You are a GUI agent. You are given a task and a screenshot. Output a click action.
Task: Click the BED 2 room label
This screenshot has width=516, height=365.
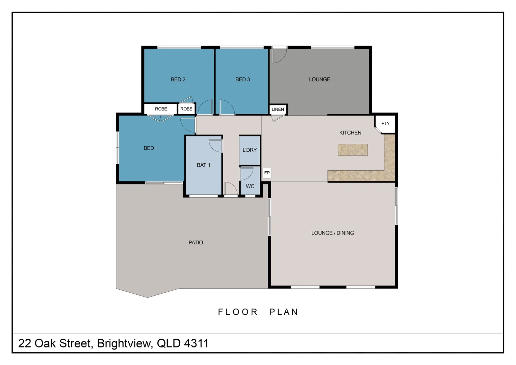[178, 79]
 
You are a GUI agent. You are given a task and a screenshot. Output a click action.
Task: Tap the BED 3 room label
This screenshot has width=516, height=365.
[242, 79]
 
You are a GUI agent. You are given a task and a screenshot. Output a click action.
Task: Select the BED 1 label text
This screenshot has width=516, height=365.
[151, 148]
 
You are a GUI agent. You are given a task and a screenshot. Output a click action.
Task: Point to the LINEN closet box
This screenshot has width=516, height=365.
[278, 109]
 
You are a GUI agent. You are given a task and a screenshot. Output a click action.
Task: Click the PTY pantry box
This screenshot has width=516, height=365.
[385, 123]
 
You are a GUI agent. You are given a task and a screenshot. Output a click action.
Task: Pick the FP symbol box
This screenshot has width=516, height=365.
[267, 173]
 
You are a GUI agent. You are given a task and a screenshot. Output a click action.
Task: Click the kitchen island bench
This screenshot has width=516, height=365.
[353, 150]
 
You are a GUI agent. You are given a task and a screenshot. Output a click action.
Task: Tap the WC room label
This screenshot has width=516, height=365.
[250, 186]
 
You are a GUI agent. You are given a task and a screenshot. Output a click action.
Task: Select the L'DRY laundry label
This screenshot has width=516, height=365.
[250, 150]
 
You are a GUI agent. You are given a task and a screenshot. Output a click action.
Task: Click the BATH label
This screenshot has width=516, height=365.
[203, 165]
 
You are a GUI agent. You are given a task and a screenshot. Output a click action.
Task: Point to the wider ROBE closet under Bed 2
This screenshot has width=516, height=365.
[161, 109]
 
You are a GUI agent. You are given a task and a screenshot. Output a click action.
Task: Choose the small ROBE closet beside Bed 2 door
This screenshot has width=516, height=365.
[186, 109]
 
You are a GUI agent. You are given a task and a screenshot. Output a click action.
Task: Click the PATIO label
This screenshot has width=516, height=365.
[196, 242]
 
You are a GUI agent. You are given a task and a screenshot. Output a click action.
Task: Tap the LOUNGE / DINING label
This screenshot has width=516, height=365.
[333, 233]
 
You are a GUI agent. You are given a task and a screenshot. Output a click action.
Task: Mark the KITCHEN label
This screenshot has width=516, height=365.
[350, 133]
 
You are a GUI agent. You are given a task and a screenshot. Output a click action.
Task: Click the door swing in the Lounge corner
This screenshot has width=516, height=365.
[279, 55]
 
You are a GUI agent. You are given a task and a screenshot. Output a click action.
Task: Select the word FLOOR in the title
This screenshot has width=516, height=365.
[238, 312]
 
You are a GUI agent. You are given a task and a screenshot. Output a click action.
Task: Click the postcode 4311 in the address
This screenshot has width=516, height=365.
[196, 343]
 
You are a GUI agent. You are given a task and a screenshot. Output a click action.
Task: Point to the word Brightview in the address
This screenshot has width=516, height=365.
[124, 343]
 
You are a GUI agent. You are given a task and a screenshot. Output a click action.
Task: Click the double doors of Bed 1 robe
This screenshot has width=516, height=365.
[160, 118]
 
